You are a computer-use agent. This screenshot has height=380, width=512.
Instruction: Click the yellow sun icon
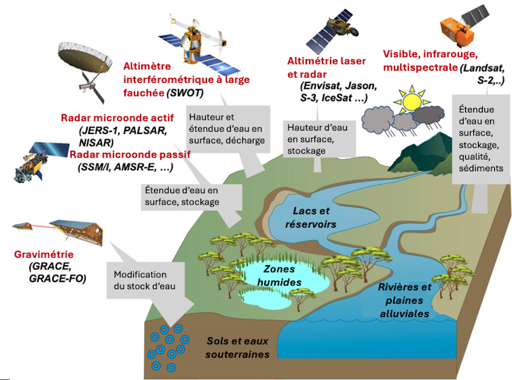point(411,101)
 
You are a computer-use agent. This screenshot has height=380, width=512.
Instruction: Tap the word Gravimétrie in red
point(43,254)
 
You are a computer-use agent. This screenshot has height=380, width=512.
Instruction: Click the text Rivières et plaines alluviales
point(404,300)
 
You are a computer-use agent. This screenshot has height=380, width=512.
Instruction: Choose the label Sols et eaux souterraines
point(238,347)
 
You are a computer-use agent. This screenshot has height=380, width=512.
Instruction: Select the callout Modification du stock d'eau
point(144,280)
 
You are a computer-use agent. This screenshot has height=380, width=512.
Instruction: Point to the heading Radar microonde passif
point(130,154)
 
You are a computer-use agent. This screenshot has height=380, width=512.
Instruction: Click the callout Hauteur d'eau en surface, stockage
point(316,139)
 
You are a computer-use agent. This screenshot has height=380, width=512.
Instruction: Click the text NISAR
point(96,142)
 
